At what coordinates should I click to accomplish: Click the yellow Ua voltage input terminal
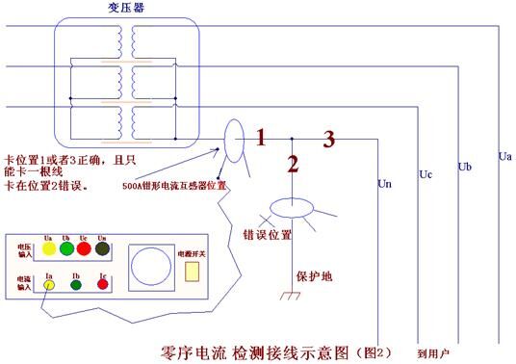(x=48, y=249)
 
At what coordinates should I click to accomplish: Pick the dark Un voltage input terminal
(x=103, y=249)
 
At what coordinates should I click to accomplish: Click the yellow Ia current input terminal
(x=47, y=285)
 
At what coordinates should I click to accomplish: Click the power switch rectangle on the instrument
(x=192, y=272)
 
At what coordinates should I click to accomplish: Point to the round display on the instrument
(x=150, y=265)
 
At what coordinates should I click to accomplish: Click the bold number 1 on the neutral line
(x=260, y=138)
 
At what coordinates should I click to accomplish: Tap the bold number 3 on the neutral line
(x=328, y=140)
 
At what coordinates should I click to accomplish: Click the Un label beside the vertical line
(x=385, y=182)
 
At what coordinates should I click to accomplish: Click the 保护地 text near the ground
(x=312, y=275)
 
